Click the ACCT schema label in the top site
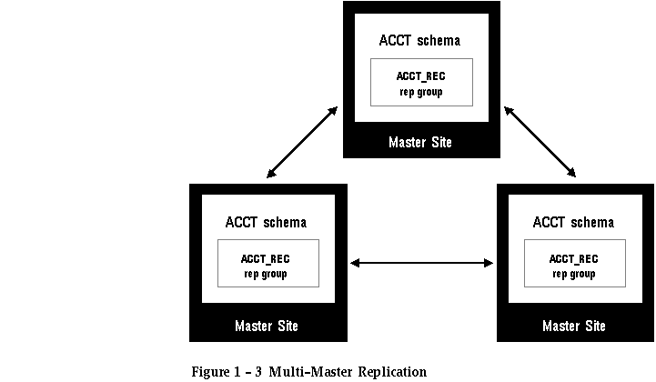(x=419, y=40)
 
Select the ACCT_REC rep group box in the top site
(x=422, y=83)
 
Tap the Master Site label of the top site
(x=420, y=142)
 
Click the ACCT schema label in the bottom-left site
(x=266, y=222)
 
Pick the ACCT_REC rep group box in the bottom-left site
(x=268, y=263)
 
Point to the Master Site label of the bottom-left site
(x=267, y=326)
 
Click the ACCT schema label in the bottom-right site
(x=573, y=222)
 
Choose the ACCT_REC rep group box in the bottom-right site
(x=575, y=263)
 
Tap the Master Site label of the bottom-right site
(x=574, y=326)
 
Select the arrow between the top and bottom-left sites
(x=302, y=142)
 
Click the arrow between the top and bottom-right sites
(x=540, y=142)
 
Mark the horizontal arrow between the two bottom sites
(x=422, y=263)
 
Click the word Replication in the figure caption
(x=392, y=371)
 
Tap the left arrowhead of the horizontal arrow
(x=355, y=263)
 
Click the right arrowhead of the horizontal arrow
(x=489, y=263)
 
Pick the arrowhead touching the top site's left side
(x=333, y=111)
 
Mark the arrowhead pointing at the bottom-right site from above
(x=571, y=173)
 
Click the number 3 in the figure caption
(x=258, y=371)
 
